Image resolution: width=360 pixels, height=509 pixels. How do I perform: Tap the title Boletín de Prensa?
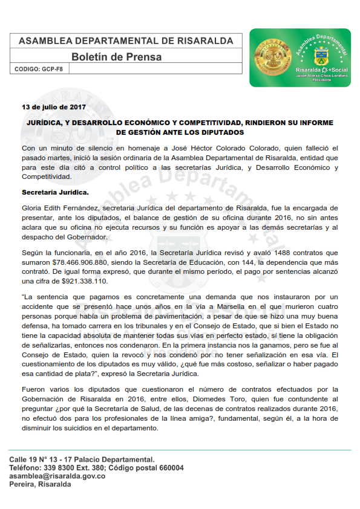coord(117,57)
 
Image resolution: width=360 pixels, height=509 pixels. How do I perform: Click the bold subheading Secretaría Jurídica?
coord(55,192)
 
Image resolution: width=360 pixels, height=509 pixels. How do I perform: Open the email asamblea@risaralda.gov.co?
coord(57,476)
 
